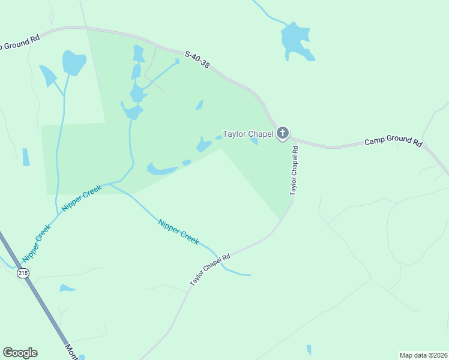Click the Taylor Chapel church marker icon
[283, 134]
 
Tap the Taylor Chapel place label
[248, 134]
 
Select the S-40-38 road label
[197, 59]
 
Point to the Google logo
[20, 353]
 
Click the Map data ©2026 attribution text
[423, 355]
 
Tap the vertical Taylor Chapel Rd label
[294, 170]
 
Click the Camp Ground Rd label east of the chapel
[393, 142]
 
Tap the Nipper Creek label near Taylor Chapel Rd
[178, 231]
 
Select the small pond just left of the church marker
[255, 142]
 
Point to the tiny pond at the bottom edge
[309, 350]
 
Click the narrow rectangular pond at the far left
[26, 157]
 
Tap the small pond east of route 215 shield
[67, 289]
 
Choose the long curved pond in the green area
[162, 170]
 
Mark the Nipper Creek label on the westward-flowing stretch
[80, 198]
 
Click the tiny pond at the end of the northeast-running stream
[177, 61]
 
